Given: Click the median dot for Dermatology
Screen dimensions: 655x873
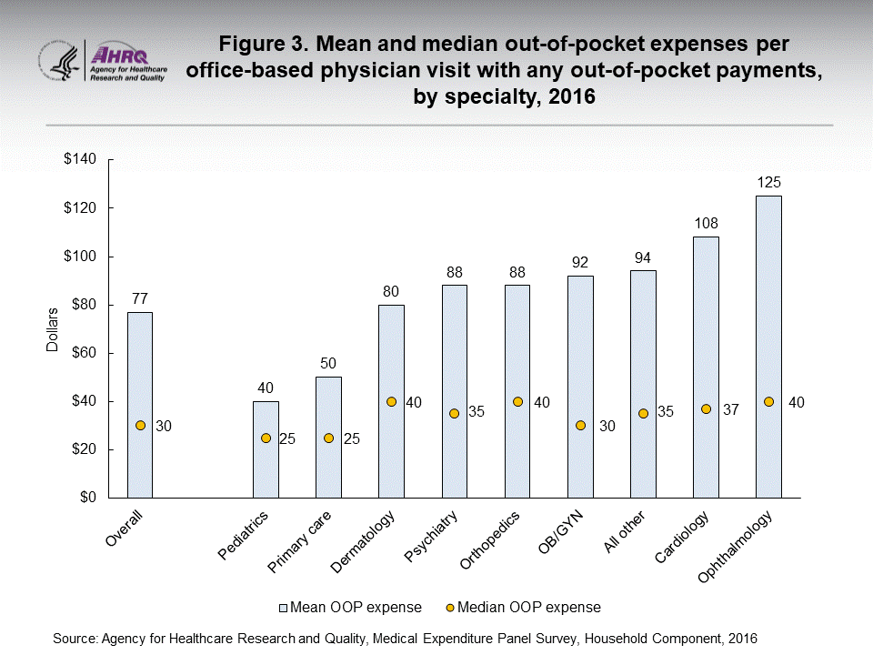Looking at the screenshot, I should [391, 402].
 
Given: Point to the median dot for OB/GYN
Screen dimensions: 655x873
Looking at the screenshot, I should [580, 426].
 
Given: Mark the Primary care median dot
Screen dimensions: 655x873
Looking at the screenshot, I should [328, 438].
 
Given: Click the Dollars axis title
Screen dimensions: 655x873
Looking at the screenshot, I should [53, 328].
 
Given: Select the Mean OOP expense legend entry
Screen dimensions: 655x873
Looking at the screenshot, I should [349, 607].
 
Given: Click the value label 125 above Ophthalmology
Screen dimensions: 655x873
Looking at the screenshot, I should [768, 183].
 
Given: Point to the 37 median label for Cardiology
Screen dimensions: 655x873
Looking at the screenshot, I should [733, 409].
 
